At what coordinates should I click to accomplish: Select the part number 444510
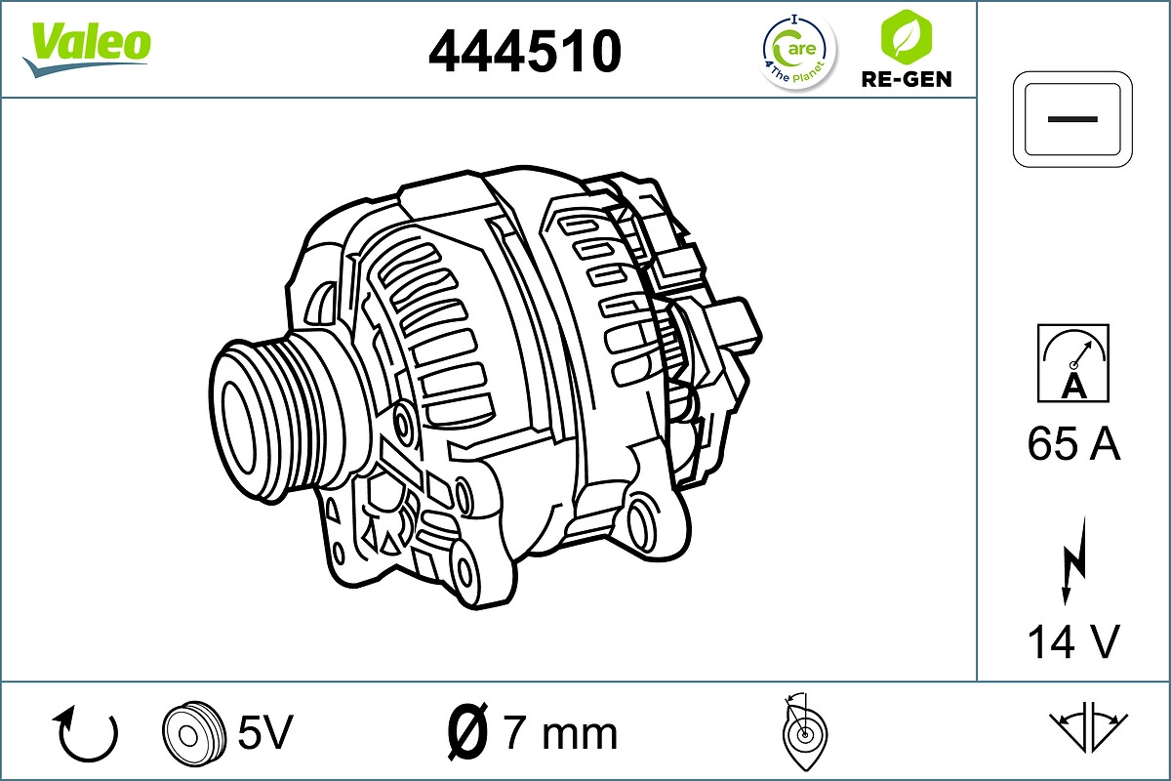click(x=525, y=51)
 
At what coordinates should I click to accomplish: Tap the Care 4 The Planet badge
click(x=798, y=51)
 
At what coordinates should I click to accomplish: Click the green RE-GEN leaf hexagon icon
click(x=906, y=37)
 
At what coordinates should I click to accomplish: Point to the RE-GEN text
click(x=906, y=79)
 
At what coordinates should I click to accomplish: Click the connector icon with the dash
click(x=1073, y=118)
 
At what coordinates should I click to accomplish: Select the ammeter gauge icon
click(x=1073, y=363)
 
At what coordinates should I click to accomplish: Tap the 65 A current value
click(x=1073, y=444)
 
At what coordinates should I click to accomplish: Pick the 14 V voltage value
click(x=1073, y=641)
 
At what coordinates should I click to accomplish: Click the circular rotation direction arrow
click(x=88, y=734)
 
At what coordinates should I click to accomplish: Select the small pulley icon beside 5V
click(x=191, y=732)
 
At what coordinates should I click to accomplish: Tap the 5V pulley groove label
click(x=265, y=732)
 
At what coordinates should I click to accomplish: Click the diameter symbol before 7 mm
click(x=467, y=732)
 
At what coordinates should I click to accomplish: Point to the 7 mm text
click(x=560, y=732)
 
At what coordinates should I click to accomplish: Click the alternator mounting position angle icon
click(x=803, y=732)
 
